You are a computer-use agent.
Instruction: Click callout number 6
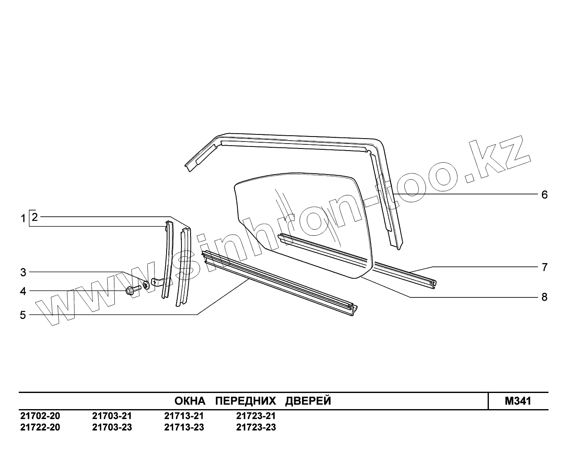[544, 195]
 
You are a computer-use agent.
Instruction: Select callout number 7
[544, 267]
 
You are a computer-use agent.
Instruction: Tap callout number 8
[544, 297]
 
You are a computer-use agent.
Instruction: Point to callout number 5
[23, 315]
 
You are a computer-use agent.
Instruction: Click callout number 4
[23, 291]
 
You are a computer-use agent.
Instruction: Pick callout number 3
[23, 273]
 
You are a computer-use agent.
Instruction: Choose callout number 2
[35, 217]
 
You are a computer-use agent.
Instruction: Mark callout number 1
[23, 219]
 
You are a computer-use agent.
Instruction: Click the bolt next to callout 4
[133, 290]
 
